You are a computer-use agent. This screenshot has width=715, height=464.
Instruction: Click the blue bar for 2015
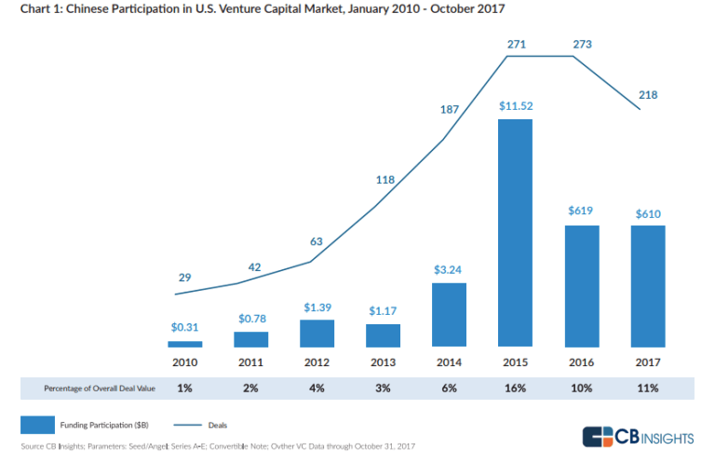(x=515, y=232)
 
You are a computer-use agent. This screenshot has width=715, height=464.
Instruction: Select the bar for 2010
(x=185, y=344)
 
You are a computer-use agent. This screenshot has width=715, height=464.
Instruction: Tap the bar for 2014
(x=449, y=315)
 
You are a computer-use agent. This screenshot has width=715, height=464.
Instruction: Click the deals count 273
(x=581, y=44)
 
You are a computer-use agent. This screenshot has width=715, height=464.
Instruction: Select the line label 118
(x=384, y=181)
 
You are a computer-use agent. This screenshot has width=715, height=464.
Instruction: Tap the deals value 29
(x=184, y=278)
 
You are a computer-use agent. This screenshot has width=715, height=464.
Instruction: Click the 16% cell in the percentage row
(x=515, y=388)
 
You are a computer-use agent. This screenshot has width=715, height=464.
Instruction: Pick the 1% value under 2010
(x=185, y=388)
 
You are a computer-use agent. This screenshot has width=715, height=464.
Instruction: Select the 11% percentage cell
(x=647, y=388)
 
